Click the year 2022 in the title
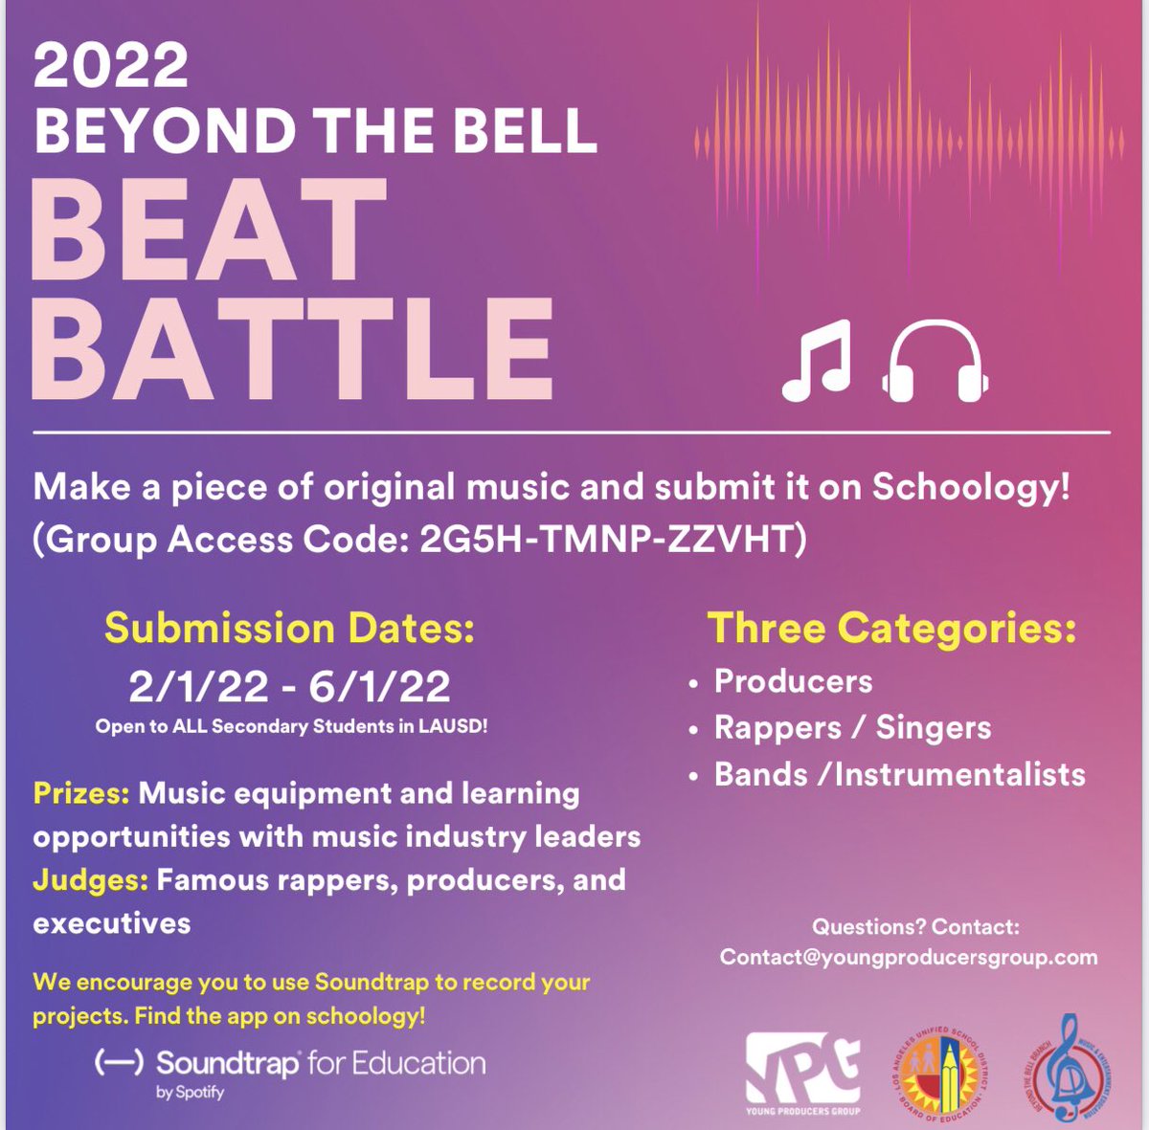point(111,65)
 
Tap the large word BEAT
point(209,233)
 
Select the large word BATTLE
point(292,349)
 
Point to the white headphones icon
point(934,360)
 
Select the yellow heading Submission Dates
point(289,629)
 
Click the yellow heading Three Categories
point(891,629)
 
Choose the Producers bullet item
point(793,681)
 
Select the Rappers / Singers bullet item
point(852,728)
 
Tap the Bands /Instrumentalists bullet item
point(899,774)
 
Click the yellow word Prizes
point(81,793)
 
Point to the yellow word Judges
point(90,879)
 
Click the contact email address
point(909,957)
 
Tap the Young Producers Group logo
point(802,1072)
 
